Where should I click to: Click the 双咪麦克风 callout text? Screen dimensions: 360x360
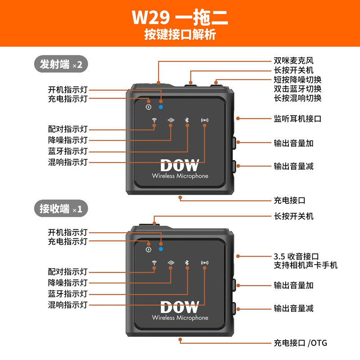[x=293, y=60]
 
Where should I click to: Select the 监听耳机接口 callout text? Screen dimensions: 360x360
[x=297, y=119]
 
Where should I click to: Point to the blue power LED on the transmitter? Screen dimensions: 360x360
[x=161, y=107]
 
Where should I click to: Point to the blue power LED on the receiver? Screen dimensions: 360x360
[x=161, y=249]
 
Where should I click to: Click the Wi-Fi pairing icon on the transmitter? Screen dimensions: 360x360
[x=154, y=120]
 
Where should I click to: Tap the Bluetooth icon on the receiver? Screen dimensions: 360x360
[x=187, y=262]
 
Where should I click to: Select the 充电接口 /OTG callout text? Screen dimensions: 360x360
[x=301, y=343]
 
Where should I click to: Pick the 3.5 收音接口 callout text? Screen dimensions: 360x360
[x=297, y=256]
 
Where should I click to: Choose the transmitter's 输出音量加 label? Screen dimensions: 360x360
[x=293, y=143]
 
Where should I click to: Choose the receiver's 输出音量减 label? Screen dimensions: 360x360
[x=293, y=308]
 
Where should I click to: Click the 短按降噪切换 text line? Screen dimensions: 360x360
[x=297, y=80]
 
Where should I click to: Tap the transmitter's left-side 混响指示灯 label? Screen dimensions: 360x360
[x=68, y=162]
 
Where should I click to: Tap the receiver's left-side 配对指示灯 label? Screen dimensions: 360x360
[x=68, y=272]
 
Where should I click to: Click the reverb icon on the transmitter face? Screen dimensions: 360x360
[x=205, y=120]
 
